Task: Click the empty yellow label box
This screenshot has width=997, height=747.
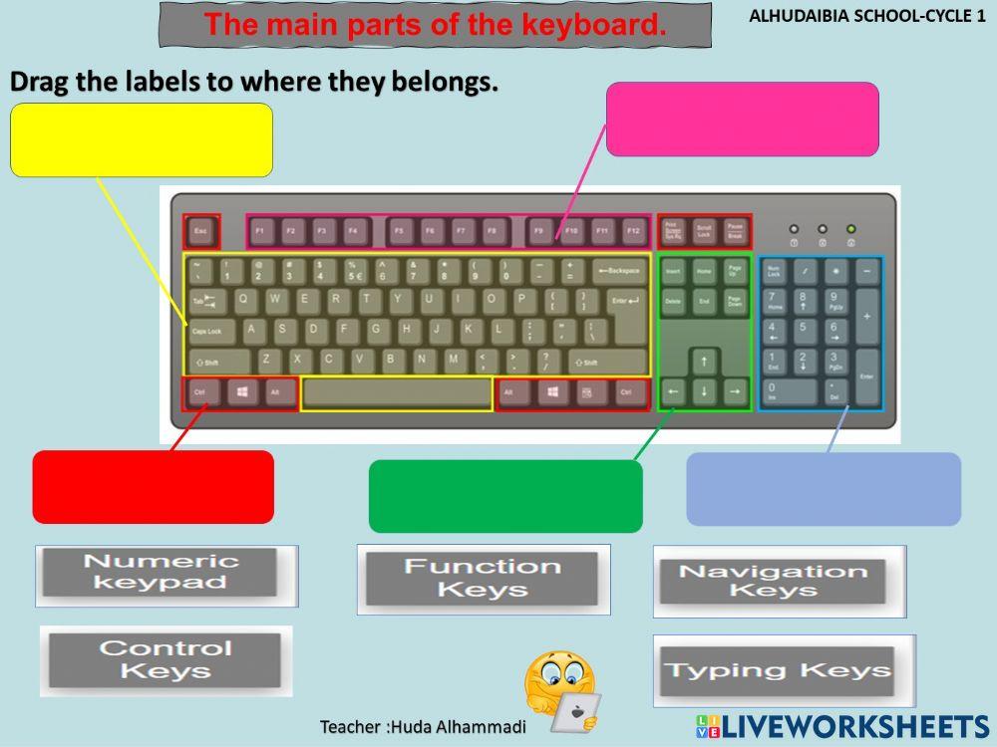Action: click(x=141, y=139)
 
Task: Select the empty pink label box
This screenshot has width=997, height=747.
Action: click(x=742, y=119)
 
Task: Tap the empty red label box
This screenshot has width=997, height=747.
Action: click(x=153, y=486)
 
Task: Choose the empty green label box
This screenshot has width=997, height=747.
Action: click(x=505, y=495)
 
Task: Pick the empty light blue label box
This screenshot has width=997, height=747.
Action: click(x=824, y=488)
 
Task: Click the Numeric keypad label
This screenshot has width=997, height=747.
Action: click(x=161, y=573)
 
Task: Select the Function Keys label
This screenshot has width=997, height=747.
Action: click(x=483, y=578)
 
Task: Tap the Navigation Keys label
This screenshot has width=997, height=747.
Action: click(x=773, y=581)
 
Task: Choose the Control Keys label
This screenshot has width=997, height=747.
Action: click(x=165, y=659)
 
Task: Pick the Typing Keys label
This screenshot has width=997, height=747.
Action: click(x=778, y=670)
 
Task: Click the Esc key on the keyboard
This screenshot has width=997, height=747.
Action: click(x=200, y=232)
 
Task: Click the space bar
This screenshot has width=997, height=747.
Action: click(x=396, y=393)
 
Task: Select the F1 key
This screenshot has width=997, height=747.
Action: click(x=260, y=232)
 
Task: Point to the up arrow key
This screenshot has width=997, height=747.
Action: click(x=705, y=361)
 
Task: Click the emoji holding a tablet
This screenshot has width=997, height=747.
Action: click(x=560, y=691)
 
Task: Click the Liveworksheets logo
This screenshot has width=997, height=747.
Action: click(x=842, y=726)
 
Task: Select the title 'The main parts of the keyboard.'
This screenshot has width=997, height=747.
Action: click(x=436, y=25)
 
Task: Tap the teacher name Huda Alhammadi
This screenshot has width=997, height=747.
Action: click(x=423, y=726)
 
